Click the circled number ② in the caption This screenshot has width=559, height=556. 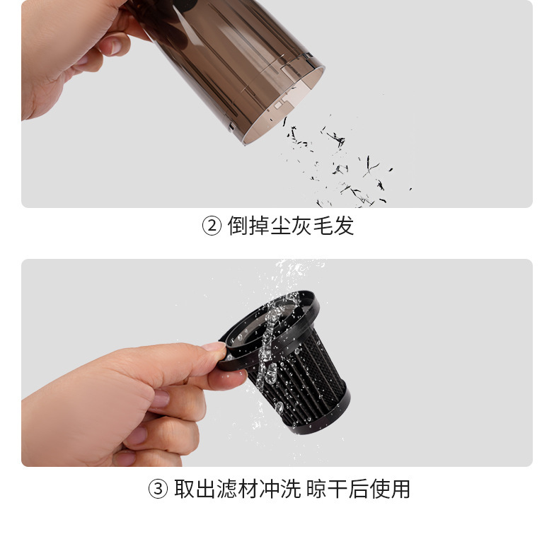[212, 227]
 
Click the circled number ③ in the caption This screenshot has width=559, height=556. [158, 489]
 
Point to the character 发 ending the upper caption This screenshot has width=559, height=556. [343, 227]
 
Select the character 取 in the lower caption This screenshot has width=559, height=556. [184, 489]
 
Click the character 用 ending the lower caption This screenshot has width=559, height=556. [400, 489]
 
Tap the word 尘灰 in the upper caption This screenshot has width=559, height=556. [290, 227]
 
